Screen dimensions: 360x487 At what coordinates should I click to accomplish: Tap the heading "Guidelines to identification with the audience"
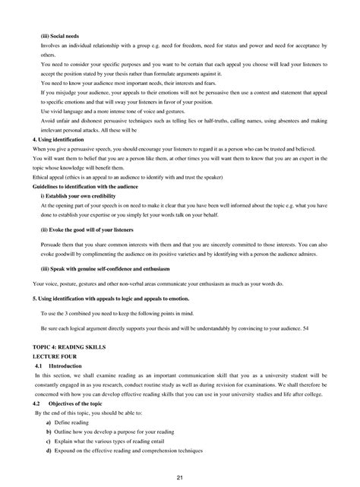(x=92, y=186)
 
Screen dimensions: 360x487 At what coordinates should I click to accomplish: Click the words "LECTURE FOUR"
(x=55, y=355)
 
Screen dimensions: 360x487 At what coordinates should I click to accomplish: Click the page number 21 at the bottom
(x=180, y=477)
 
